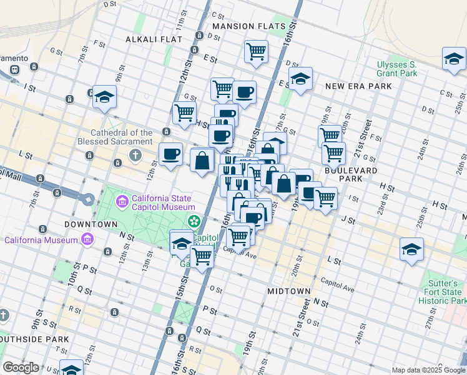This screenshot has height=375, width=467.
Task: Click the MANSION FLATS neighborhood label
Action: (248, 26)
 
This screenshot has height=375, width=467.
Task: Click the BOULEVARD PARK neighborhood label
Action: (351, 174)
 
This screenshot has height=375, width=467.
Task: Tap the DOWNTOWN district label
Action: (91, 224)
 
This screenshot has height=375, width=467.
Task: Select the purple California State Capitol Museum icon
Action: (122, 202)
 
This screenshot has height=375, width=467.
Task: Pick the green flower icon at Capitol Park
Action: (194, 221)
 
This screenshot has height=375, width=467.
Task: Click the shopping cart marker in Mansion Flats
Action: (256, 51)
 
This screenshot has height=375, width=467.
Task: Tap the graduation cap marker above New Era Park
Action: (300, 79)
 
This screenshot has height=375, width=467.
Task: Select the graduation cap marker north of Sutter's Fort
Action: (411, 249)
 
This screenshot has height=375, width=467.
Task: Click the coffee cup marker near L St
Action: (170, 153)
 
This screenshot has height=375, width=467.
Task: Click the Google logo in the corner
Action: (21, 367)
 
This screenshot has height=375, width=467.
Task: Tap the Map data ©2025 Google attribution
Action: (429, 370)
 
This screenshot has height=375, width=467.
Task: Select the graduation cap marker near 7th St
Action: (104, 97)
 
